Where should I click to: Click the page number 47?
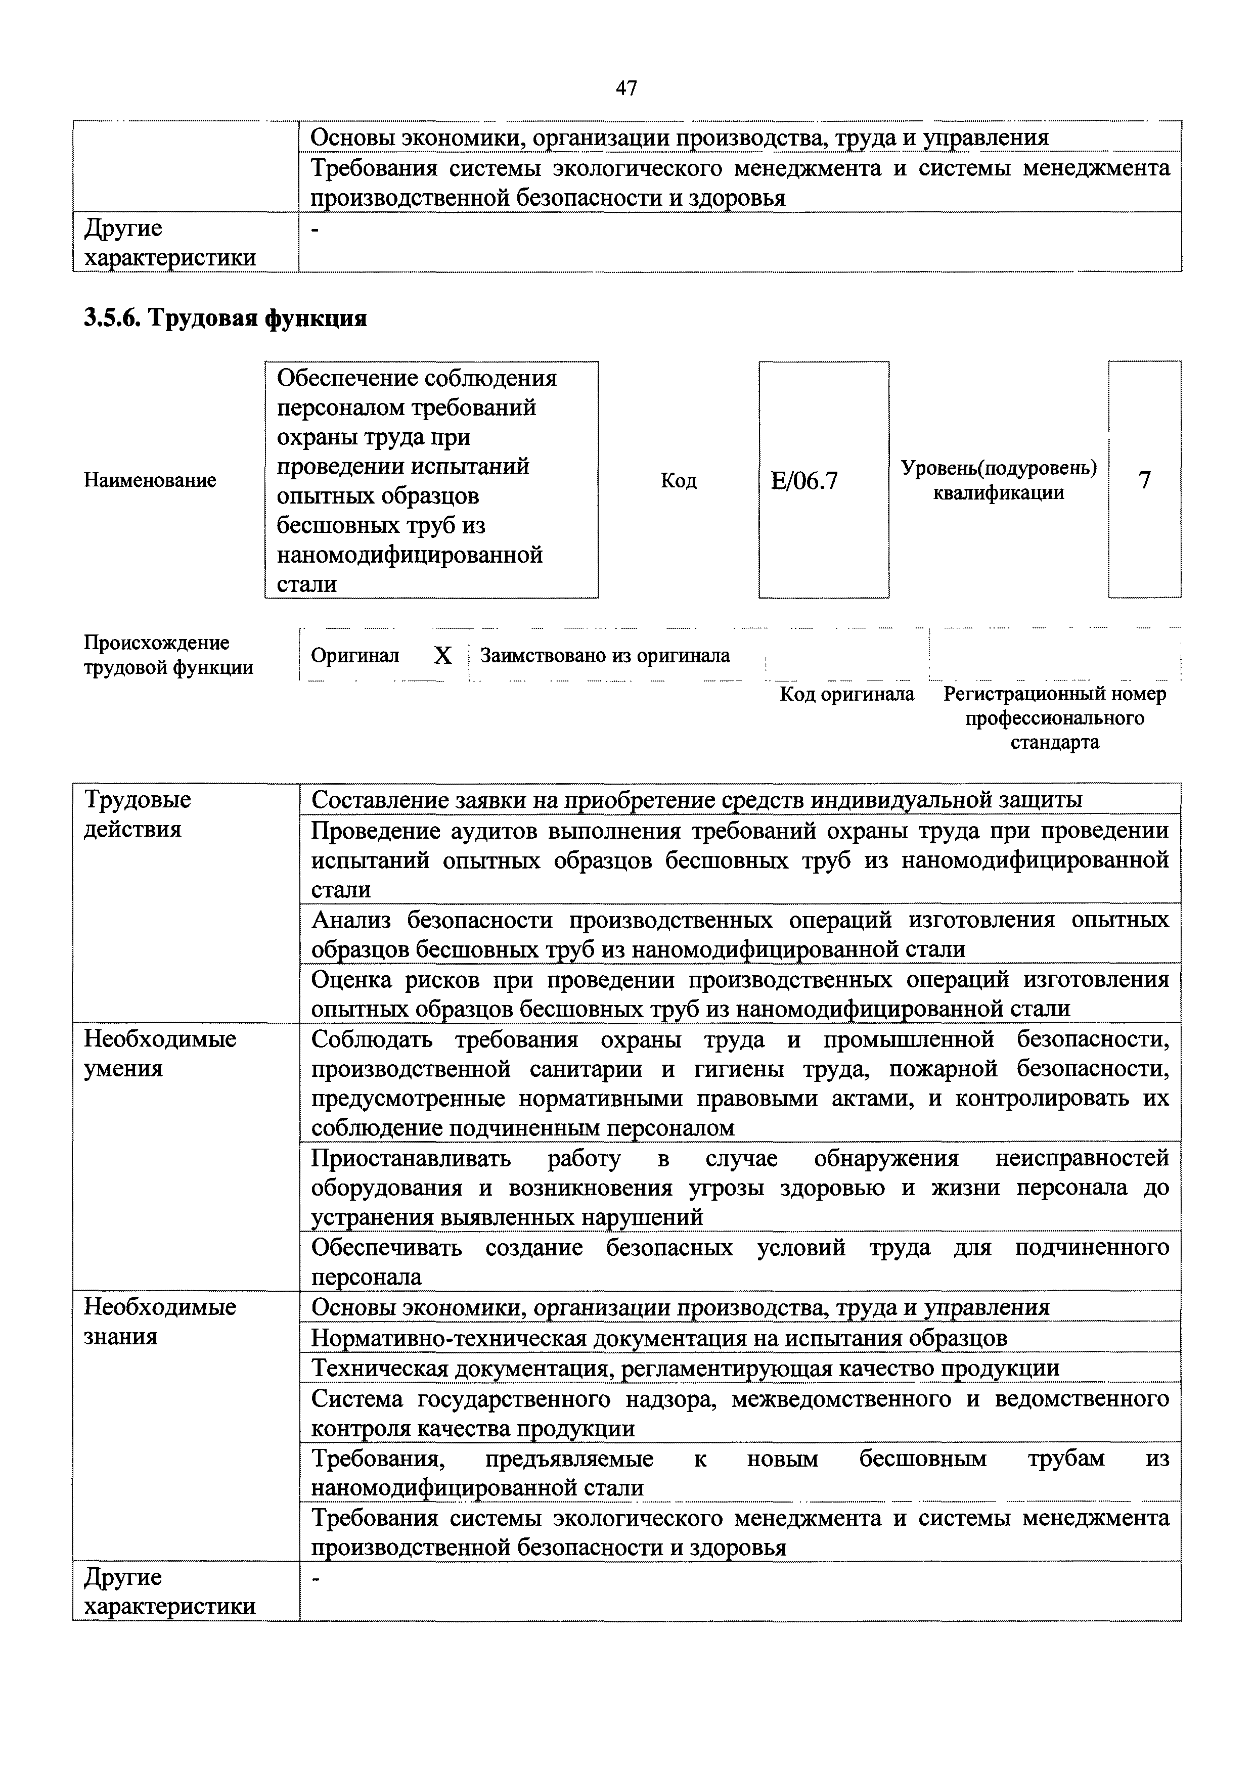click(x=626, y=89)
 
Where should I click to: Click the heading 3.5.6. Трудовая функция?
click(x=225, y=318)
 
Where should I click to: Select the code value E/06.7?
click(x=804, y=481)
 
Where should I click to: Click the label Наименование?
click(x=150, y=480)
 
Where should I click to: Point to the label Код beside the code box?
click(x=679, y=481)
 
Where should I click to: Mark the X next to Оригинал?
click(x=442, y=656)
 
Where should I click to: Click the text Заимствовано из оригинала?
click(x=605, y=656)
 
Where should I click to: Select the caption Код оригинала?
click(x=847, y=694)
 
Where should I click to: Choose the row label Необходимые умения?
click(x=159, y=1054)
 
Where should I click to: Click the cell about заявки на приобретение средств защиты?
click(x=696, y=800)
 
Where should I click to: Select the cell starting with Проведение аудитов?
click(x=740, y=859)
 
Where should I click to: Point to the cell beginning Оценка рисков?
click(x=740, y=994)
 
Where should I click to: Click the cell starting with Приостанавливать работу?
click(x=740, y=1187)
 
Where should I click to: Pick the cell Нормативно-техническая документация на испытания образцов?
click(x=659, y=1338)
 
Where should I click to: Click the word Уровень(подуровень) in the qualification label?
click(x=999, y=468)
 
